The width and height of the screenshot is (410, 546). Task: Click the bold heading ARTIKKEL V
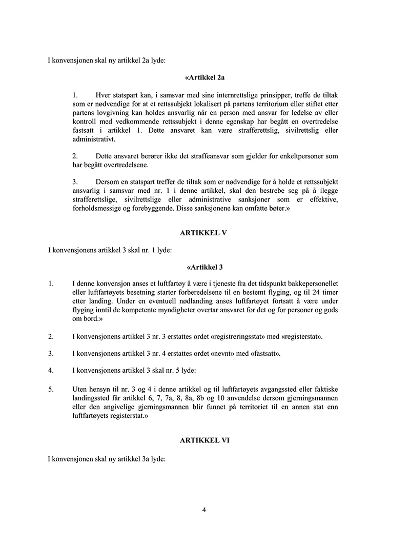pyautogui.click(x=203, y=232)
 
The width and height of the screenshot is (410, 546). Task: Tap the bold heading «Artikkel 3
pyautogui.click(x=204, y=267)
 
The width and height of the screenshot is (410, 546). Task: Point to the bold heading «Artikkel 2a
pyautogui.click(x=204, y=78)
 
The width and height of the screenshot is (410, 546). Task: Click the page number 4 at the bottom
pyautogui.click(x=204, y=510)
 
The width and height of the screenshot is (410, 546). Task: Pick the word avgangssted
pyautogui.click(x=271, y=389)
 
